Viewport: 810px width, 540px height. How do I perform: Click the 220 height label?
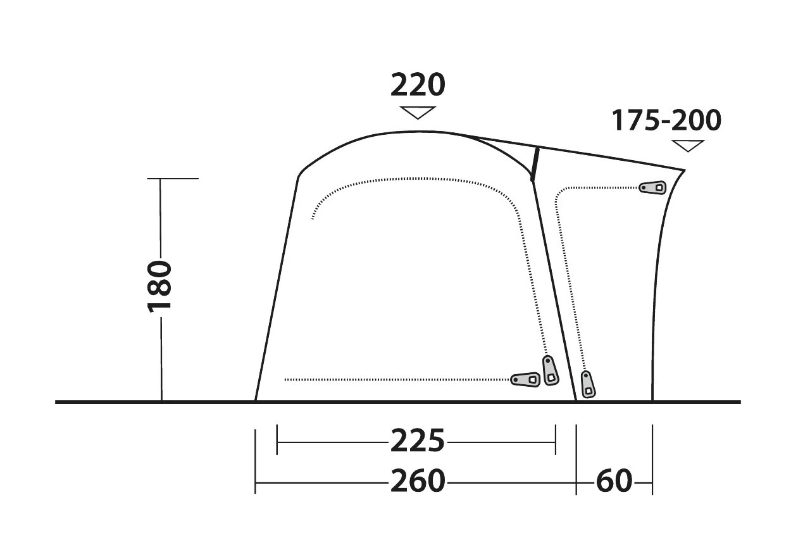(x=418, y=85)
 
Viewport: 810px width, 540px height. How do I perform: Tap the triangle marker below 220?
(x=418, y=112)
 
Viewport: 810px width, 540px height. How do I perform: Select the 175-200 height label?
(x=666, y=120)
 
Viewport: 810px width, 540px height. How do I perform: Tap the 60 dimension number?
(x=614, y=481)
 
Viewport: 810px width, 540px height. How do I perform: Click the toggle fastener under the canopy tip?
(x=653, y=187)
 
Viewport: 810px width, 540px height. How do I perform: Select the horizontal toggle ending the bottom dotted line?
(x=525, y=379)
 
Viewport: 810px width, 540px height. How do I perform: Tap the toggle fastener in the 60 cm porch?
(x=588, y=384)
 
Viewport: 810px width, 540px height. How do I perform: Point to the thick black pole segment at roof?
(x=534, y=164)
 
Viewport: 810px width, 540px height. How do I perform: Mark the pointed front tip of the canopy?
(x=685, y=170)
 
